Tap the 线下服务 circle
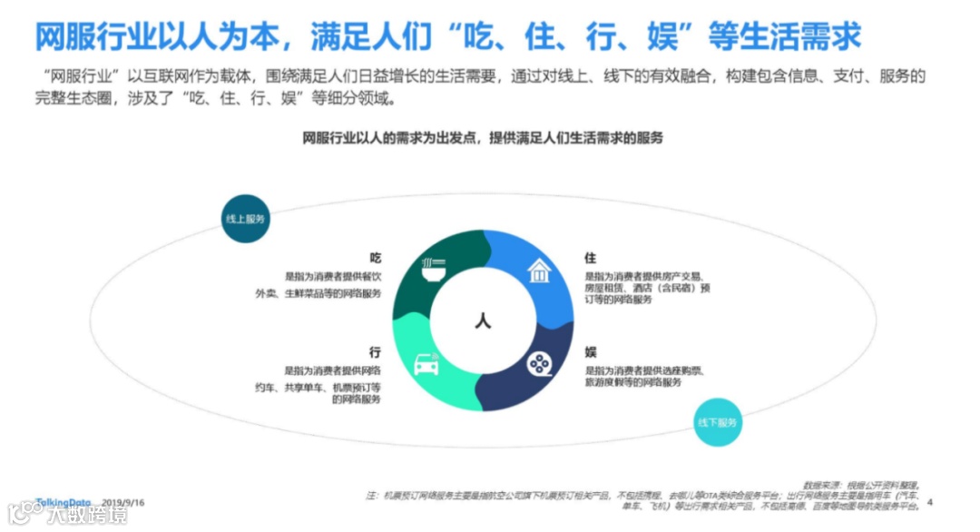pos(719,422)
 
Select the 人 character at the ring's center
pos(483,320)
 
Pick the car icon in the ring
pos(426,363)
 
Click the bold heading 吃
pos(375,258)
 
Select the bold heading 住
pos(590,258)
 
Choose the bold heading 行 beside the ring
pos(375,351)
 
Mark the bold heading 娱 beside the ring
pos(590,351)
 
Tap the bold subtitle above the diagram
pos(483,138)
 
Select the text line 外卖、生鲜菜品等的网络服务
pos(318,293)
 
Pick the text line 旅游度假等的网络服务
pos(632,383)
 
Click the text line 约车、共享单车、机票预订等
pos(318,387)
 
